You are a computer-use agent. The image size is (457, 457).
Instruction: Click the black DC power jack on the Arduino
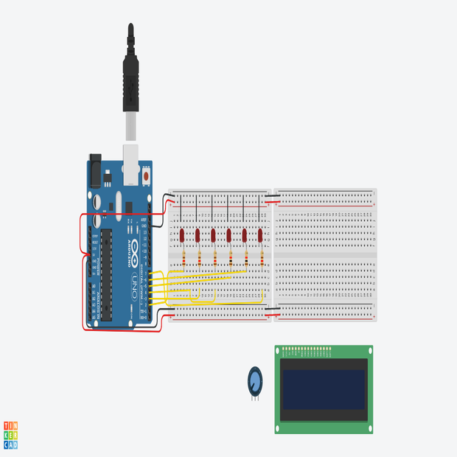95,171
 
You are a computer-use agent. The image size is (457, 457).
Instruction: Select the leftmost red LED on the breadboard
182,235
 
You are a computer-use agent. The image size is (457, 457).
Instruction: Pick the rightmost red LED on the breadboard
260,235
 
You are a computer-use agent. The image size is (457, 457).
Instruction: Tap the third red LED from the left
213,235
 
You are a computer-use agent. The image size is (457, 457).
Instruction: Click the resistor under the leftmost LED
184,257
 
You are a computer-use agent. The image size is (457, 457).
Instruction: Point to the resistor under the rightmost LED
262,257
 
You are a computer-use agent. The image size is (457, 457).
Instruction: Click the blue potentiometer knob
254,380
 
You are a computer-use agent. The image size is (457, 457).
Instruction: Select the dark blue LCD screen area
324,389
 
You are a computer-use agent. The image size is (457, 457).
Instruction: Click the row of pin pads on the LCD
307,349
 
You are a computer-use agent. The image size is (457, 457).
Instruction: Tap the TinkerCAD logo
10,436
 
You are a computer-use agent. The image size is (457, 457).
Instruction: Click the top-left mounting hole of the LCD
279,350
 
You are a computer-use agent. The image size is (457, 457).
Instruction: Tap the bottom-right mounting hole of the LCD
369,429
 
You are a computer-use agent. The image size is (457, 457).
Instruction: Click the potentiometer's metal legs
254,397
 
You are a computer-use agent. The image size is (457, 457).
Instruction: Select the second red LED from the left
198,235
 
